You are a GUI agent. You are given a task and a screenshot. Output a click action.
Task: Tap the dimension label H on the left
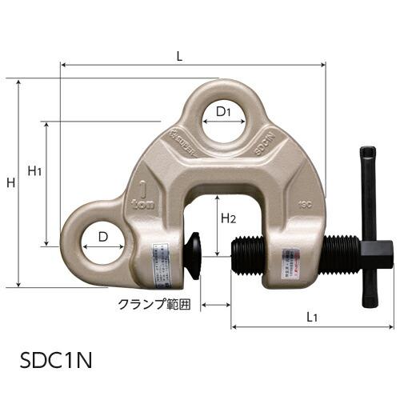tap(10, 183)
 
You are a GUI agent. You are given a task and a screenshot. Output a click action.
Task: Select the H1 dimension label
tap(34, 170)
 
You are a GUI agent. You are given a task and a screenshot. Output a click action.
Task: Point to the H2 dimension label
tap(227, 216)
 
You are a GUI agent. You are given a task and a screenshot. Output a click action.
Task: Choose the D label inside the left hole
tap(102, 238)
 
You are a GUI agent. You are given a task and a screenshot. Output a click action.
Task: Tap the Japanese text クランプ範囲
tap(154, 305)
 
